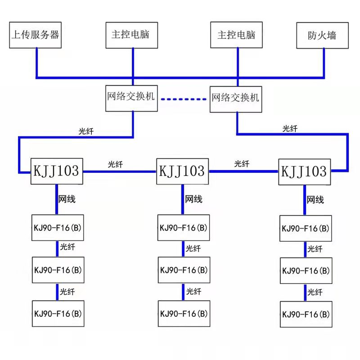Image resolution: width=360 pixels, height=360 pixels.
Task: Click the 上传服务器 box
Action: click(x=36, y=35)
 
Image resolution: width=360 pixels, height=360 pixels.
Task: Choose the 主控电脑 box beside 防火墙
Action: click(x=236, y=35)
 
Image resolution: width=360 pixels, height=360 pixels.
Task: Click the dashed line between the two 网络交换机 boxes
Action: click(x=184, y=98)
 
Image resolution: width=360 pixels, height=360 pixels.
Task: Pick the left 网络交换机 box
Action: click(x=131, y=98)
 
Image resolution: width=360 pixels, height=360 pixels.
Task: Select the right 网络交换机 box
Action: click(x=236, y=98)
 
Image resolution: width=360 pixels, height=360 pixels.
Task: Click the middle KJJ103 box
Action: click(x=182, y=171)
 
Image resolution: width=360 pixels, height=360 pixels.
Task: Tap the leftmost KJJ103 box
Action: click(x=57, y=171)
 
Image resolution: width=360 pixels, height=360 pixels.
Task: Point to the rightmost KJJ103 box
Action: click(x=304, y=171)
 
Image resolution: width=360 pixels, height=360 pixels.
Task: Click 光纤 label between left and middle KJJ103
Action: click(x=115, y=165)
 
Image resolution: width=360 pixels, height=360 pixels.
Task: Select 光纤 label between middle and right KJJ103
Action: click(x=241, y=164)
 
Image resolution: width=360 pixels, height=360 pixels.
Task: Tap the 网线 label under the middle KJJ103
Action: click(x=193, y=199)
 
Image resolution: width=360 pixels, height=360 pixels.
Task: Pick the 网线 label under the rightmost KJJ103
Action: click(x=315, y=199)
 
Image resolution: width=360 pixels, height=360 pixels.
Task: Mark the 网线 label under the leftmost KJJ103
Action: click(x=67, y=199)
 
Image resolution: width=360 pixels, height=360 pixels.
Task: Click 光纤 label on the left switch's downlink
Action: click(x=87, y=131)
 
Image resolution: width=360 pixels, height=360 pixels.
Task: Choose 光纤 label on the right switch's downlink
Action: click(x=290, y=129)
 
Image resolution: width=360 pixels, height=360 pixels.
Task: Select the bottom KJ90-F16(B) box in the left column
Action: click(x=58, y=314)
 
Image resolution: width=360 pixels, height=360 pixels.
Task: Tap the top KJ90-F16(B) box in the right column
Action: click(x=306, y=228)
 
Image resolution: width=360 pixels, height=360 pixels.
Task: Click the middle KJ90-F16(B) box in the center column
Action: click(x=184, y=270)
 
